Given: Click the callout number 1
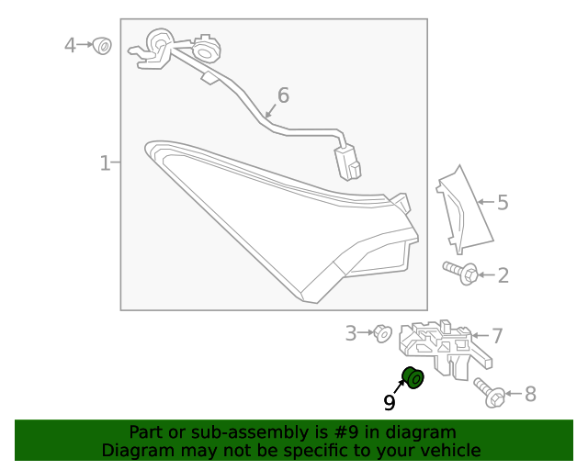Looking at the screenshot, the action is point(105,163).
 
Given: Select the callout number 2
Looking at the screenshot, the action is point(503,274).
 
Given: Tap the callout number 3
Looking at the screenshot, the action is point(350,333).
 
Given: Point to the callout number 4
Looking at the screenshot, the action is point(71,44).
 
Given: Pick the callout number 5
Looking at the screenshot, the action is point(502,202).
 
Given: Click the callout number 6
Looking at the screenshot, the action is point(283,95).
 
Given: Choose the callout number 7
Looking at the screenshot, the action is point(496,336).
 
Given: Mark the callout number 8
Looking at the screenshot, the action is point(529,394).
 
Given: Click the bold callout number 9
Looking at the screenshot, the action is point(390,402).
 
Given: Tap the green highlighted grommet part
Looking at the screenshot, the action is point(413,376).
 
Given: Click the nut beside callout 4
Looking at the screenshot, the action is point(102,44).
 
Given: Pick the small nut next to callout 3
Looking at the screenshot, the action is point(382,333).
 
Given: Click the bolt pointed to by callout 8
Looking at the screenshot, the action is point(489,393).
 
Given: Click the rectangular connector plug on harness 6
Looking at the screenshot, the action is point(350,162).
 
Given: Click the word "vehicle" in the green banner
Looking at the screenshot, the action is point(447,450).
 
